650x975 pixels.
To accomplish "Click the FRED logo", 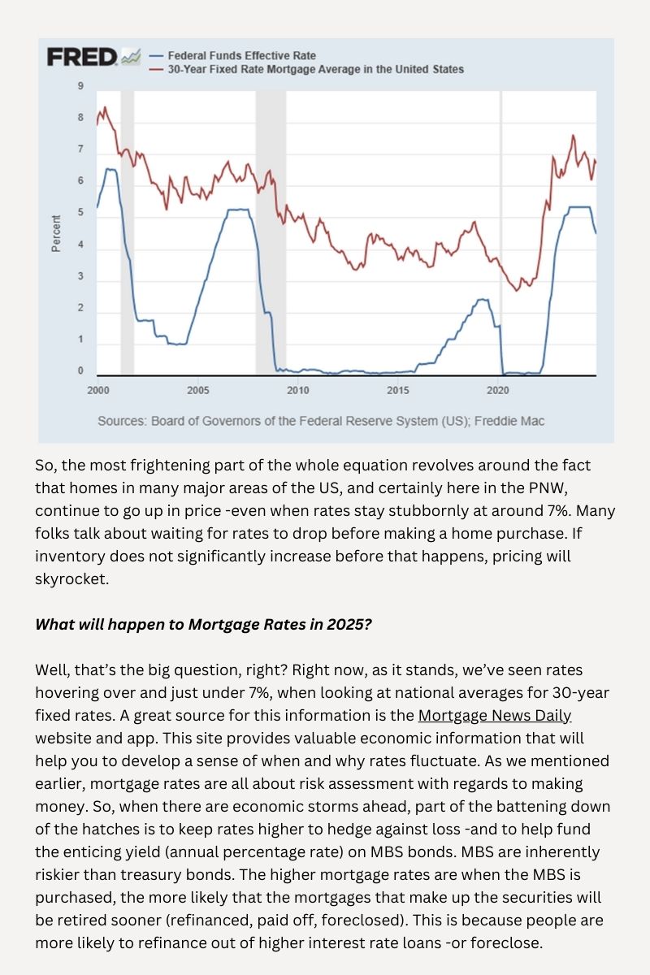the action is pyautogui.click(x=93, y=57).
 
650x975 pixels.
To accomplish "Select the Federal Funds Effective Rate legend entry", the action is pyautogui.click(x=232, y=56).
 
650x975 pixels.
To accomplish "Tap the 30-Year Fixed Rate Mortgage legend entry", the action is pyautogui.click(x=306, y=69).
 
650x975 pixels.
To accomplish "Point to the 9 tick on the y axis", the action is pyautogui.click(x=80, y=86).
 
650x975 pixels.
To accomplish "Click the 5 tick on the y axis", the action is pyautogui.click(x=80, y=212).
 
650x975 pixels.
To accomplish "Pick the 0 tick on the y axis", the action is pyautogui.click(x=80, y=370).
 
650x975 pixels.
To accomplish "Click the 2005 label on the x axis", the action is pyautogui.click(x=198, y=390).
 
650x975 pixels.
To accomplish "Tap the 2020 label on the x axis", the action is pyautogui.click(x=497, y=390).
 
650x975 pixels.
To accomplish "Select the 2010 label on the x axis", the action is pyautogui.click(x=298, y=390).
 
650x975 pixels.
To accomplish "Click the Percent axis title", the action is pyautogui.click(x=56, y=233).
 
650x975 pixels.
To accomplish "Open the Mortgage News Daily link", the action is pyautogui.click(x=495, y=716).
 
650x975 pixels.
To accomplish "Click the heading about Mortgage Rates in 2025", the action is pyautogui.click(x=203, y=624).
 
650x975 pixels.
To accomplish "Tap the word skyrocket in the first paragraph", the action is pyautogui.click(x=70, y=578).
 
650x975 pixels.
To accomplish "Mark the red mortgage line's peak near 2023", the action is pyautogui.click(x=573, y=136).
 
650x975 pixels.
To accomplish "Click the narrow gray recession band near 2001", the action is pyautogui.click(x=127, y=232).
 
